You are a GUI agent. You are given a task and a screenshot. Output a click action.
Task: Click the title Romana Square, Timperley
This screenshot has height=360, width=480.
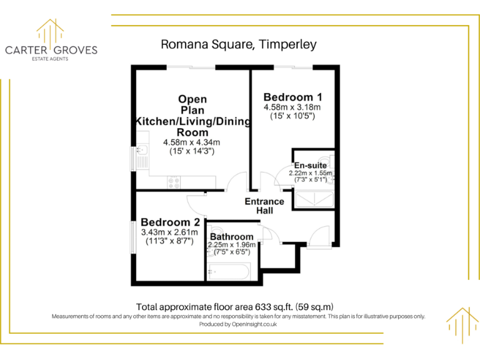(x=239, y=44)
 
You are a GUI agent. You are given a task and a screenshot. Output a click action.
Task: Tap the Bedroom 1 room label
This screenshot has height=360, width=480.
(x=292, y=97)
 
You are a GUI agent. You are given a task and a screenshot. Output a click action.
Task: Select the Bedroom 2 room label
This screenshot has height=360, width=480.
(x=170, y=222)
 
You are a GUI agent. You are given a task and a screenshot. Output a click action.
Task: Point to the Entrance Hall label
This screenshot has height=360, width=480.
(x=264, y=206)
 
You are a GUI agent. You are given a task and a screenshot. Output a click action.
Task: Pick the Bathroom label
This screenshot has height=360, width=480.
(x=231, y=237)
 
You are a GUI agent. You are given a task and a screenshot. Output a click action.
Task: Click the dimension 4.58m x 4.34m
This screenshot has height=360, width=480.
(x=192, y=142)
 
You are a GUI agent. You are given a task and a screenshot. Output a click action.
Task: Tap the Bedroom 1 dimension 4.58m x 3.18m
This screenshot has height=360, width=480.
(x=292, y=107)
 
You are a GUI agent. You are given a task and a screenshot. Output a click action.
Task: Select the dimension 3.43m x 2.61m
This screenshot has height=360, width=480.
(x=170, y=232)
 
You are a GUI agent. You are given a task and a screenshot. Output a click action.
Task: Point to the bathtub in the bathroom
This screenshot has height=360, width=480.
(x=228, y=273)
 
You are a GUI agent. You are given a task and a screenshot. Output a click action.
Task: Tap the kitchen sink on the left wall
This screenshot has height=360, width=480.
(x=142, y=152)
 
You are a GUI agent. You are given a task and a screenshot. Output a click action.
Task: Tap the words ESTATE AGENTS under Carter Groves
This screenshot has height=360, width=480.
(x=51, y=59)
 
